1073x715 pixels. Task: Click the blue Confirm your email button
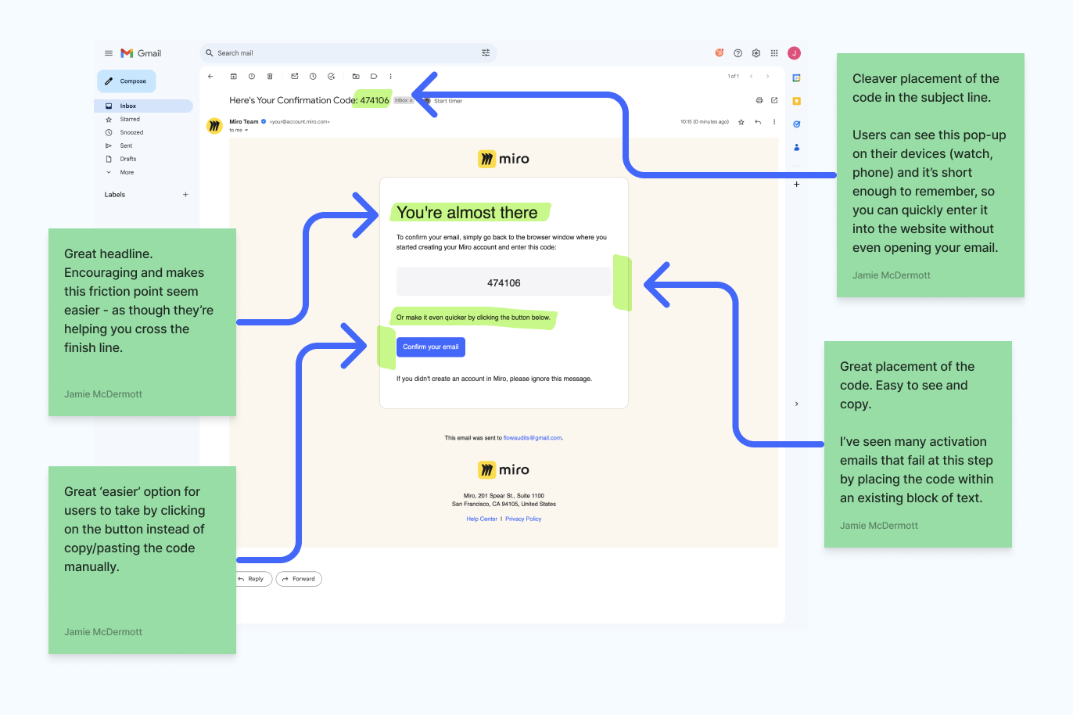point(430,347)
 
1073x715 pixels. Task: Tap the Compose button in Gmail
point(127,81)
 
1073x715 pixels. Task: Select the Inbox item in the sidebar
point(128,106)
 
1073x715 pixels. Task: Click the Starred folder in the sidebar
point(130,120)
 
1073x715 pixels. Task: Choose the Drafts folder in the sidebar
point(128,159)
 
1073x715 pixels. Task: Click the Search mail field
point(344,53)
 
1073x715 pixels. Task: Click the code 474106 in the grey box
point(504,283)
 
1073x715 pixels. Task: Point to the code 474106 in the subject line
point(374,100)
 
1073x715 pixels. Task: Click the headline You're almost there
point(467,213)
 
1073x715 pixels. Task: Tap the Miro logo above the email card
point(504,159)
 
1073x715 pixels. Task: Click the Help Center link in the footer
point(482,519)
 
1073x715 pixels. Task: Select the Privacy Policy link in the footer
point(523,519)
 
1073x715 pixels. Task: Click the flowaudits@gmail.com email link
point(533,438)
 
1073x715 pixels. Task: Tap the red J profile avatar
point(794,53)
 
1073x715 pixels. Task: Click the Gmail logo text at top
point(149,53)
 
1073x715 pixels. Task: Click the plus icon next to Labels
point(185,195)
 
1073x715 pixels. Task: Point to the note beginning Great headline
point(142,321)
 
